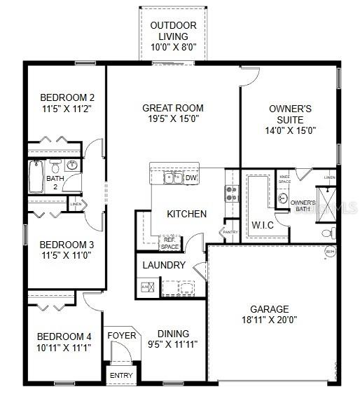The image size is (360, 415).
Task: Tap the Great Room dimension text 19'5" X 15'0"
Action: (173, 119)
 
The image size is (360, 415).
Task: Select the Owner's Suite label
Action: (290, 114)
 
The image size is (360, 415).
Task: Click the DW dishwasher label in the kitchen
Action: (191, 178)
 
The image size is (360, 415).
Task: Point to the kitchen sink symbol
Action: (173, 178)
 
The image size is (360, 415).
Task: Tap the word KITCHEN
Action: (186, 214)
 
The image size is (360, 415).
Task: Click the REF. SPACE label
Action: (170, 243)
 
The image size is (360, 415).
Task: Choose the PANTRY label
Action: (230, 231)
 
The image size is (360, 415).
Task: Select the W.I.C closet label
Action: (263, 225)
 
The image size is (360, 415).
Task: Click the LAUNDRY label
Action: (164, 266)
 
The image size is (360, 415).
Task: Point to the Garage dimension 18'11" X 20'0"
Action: (270, 320)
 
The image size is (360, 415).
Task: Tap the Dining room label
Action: (173, 334)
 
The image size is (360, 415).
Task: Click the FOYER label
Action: (121, 336)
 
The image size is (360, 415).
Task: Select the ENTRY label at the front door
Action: (120, 376)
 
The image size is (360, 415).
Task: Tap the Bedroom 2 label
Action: (67, 97)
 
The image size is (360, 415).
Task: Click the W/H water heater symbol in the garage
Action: (330, 252)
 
